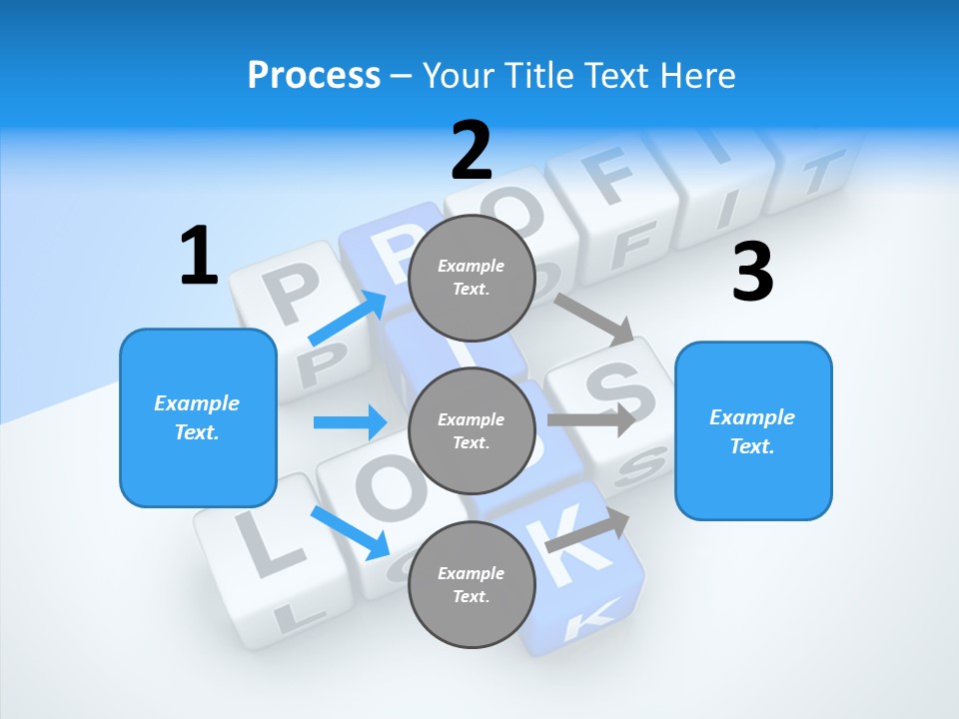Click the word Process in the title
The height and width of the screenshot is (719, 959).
[314, 75]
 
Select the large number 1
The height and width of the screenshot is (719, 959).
[198, 257]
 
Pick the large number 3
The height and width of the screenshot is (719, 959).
[752, 272]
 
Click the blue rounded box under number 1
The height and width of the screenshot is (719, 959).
[198, 417]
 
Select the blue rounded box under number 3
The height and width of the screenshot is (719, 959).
[753, 430]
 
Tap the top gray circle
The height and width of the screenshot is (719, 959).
[472, 277]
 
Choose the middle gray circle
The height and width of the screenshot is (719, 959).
[472, 430]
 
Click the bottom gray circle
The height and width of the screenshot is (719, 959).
[472, 584]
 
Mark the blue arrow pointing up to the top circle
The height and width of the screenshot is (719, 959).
[349, 319]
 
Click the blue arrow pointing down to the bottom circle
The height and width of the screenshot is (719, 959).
[351, 532]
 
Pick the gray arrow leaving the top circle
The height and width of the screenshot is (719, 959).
[594, 319]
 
